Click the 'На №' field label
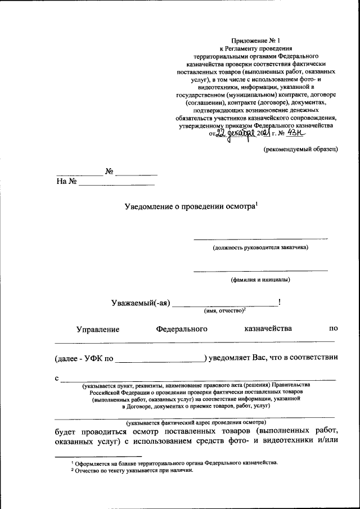(66, 182)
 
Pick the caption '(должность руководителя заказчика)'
(260, 247)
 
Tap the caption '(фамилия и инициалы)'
(260, 279)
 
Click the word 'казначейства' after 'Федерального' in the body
(268, 328)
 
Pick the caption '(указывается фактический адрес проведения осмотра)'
(196, 422)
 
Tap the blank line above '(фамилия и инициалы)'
(260, 271)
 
